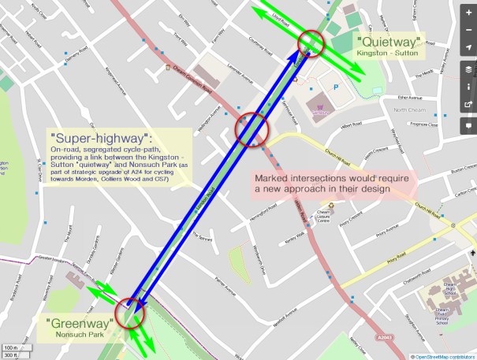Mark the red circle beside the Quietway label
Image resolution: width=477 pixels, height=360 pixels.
pyautogui.click(x=311, y=44)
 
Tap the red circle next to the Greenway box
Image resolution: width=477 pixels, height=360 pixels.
pyautogui.click(x=130, y=314)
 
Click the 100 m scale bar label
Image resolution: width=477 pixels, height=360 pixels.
pyautogui.click(x=10, y=347)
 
